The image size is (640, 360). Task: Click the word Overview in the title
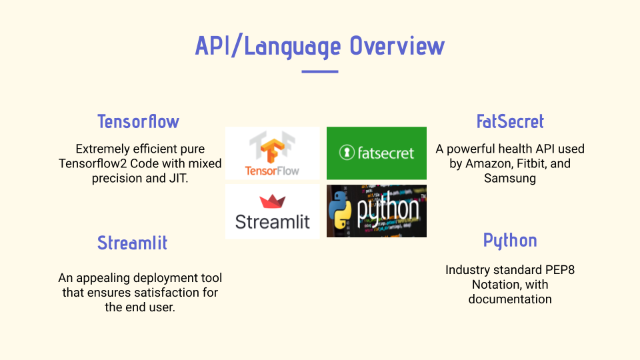(x=397, y=46)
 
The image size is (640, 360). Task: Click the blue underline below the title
(x=320, y=71)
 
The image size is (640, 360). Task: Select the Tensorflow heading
(x=138, y=121)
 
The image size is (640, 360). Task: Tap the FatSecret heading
(x=510, y=121)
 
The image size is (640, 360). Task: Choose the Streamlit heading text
(x=132, y=243)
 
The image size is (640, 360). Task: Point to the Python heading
(x=510, y=240)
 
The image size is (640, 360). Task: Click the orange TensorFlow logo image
(x=272, y=153)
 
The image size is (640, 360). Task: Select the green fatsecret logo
(x=377, y=153)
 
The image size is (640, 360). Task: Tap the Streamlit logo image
(x=272, y=211)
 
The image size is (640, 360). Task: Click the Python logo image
(x=377, y=211)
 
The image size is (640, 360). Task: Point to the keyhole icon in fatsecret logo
(x=346, y=153)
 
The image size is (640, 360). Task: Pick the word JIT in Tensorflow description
(x=179, y=178)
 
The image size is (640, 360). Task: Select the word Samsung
(x=510, y=178)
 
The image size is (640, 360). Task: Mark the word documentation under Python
(x=510, y=299)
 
